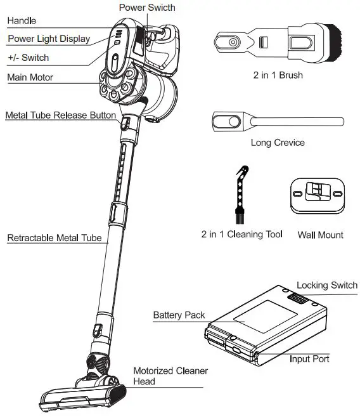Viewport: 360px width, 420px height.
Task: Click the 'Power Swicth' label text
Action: click(148, 8)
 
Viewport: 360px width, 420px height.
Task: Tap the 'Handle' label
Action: click(22, 20)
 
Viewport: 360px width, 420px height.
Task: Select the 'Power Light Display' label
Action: click(49, 39)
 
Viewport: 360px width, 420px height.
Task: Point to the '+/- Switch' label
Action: click(28, 58)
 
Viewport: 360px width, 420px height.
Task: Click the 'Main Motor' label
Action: click(30, 77)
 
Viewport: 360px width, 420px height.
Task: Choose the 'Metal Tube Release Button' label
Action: click(61, 115)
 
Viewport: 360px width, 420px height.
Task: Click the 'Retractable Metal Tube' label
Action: click(54, 239)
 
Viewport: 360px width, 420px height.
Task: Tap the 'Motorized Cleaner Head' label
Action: click(170, 376)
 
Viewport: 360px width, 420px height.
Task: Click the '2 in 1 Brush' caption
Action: click(278, 75)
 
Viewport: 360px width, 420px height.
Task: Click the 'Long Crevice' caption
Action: click(278, 143)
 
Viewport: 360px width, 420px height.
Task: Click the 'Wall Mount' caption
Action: click(320, 235)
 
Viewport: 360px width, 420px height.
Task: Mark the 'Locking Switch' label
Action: click(326, 285)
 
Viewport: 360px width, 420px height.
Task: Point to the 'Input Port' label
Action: click(309, 359)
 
